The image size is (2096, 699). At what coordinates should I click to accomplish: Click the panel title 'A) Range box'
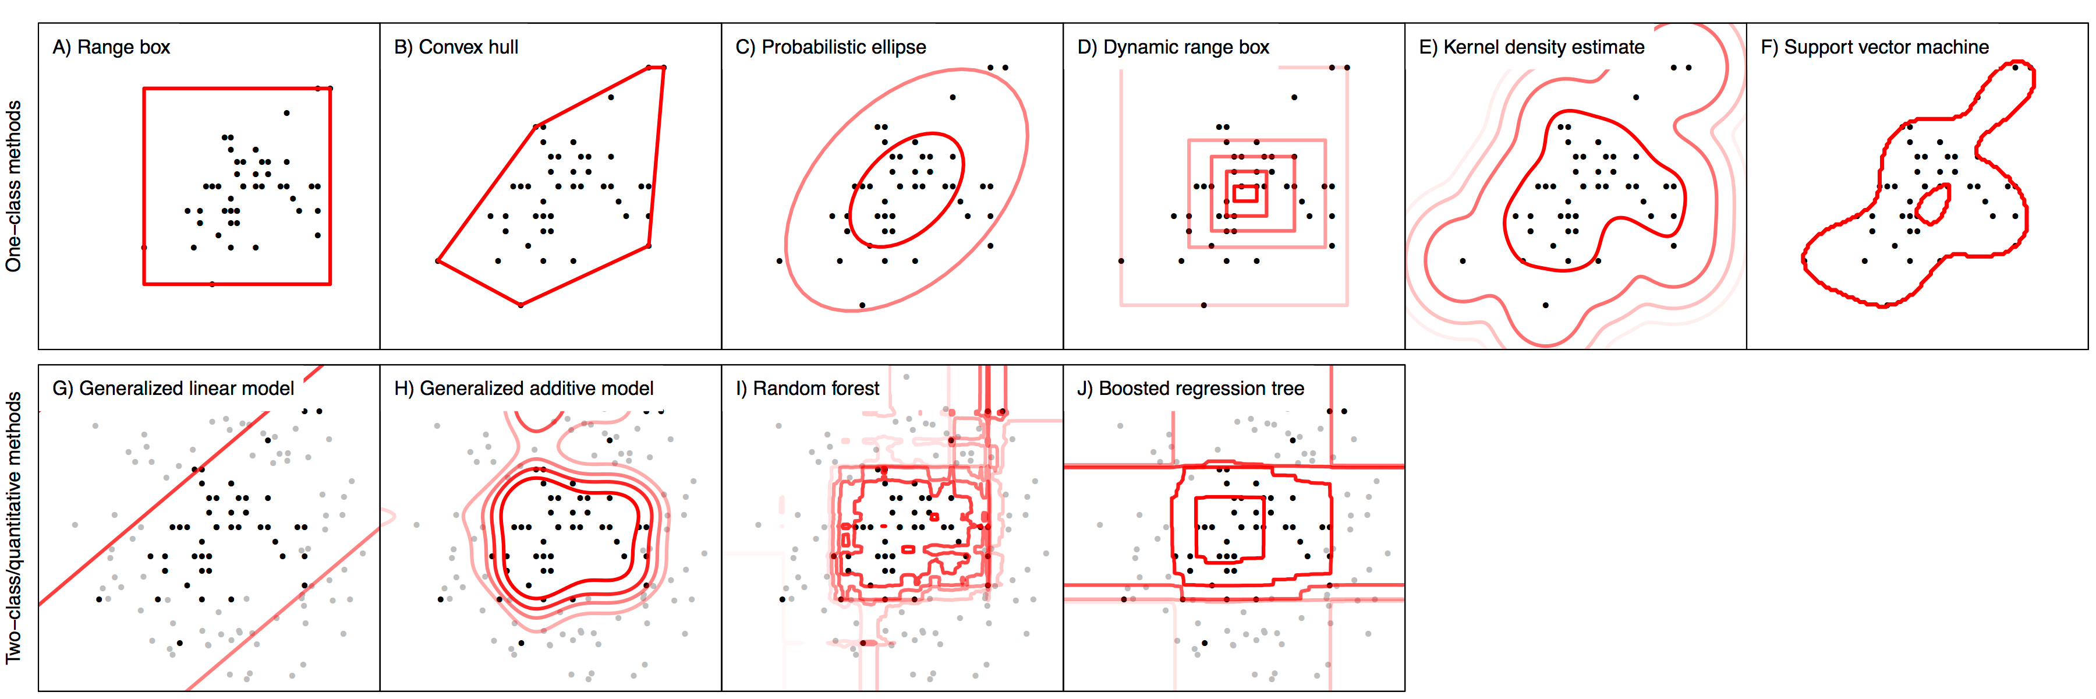click(111, 47)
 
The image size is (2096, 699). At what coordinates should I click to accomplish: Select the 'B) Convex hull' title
click(456, 47)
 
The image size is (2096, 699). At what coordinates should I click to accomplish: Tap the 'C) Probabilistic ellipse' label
click(831, 47)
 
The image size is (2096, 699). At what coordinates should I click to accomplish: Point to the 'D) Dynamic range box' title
click(1173, 47)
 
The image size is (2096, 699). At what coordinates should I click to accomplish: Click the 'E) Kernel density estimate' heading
click(1531, 47)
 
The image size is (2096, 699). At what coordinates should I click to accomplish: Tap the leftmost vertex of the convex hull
click(438, 261)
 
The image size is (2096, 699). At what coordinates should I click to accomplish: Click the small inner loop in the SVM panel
click(1933, 205)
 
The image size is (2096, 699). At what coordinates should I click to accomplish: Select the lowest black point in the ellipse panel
click(862, 305)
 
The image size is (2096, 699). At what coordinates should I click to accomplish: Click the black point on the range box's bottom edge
click(213, 284)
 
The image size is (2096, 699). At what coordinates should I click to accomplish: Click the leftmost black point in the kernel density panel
click(1463, 261)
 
